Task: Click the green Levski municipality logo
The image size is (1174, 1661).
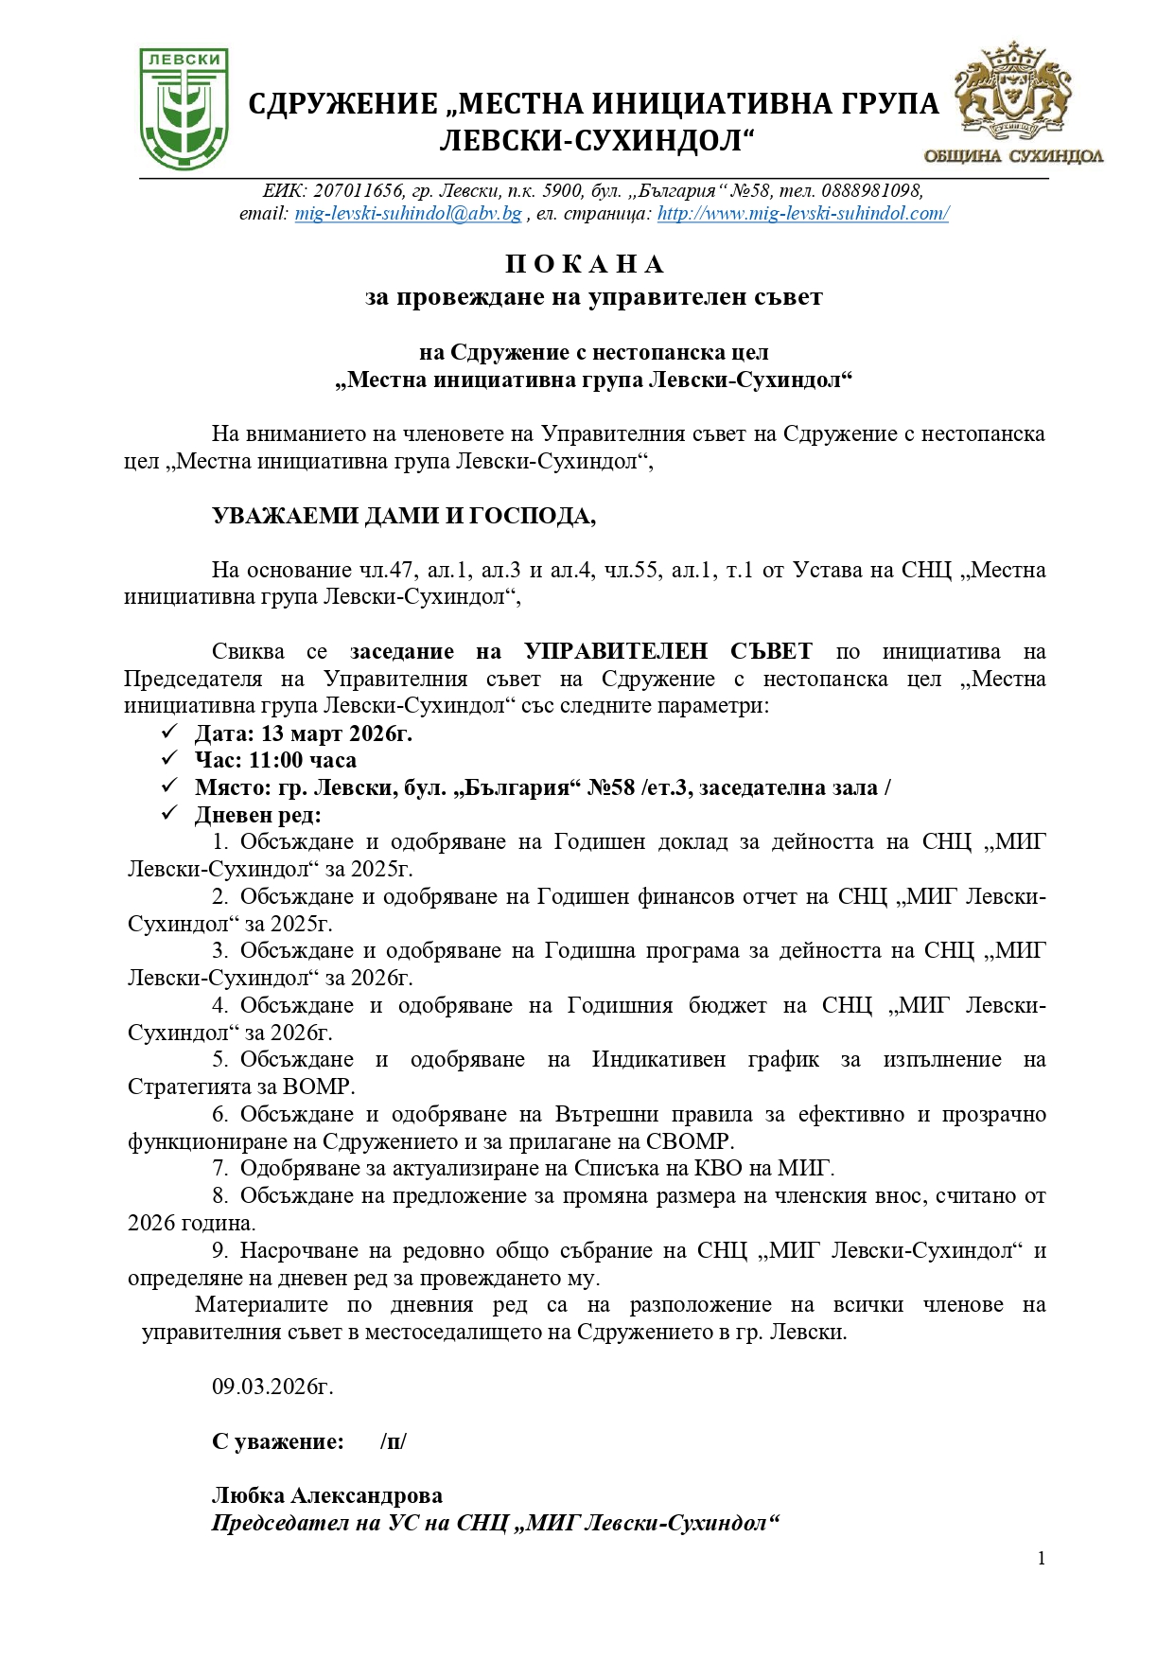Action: tap(184, 109)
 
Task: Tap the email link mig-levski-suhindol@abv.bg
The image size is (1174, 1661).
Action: tap(408, 214)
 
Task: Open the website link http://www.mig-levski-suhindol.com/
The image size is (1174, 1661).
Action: tap(802, 214)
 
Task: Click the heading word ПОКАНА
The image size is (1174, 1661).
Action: tap(586, 264)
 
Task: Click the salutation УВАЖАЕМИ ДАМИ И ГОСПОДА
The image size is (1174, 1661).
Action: tap(404, 516)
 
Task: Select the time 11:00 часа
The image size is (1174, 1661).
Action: tap(303, 760)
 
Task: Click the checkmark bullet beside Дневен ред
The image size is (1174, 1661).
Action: tap(170, 814)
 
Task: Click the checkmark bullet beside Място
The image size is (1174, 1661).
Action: tap(170, 786)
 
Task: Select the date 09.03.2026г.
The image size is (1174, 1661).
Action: tap(272, 1387)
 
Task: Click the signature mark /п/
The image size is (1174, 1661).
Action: tap(394, 1442)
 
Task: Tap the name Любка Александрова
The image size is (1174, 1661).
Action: tap(327, 1496)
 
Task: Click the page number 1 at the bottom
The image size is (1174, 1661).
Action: tap(1042, 1559)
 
